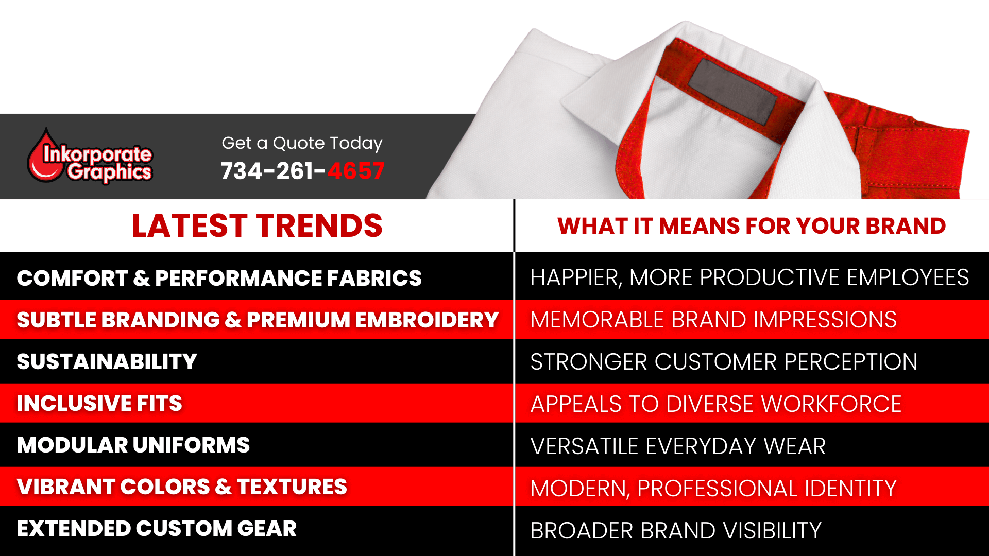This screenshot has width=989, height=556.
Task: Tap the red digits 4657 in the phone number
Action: click(x=356, y=171)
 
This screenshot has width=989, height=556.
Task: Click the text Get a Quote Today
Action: click(x=302, y=143)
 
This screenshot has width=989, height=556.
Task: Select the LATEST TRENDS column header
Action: click(x=257, y=225)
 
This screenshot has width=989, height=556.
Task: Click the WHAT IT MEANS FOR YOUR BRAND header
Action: click(x=751, y=226)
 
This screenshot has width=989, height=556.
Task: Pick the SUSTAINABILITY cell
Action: click(x=107, y=361)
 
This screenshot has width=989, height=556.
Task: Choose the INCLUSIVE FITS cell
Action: click(x=99, y=403)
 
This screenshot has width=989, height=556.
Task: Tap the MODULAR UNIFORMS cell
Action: click(x=133, y=445)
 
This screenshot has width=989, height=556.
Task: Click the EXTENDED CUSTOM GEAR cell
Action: click(x=157, y=529)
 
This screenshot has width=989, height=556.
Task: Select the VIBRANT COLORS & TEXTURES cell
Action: click(x=182, y=486)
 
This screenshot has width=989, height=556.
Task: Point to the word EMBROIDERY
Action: click(x=427, y=320)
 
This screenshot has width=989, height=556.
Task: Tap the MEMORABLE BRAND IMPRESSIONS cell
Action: click(x=713, y=320)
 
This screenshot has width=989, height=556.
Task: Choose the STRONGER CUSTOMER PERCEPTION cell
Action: click(x=724, y=361)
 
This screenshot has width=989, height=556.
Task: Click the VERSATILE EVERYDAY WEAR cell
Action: click(x=678, y=446)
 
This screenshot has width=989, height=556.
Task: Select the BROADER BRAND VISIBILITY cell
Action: click(x=676, y=530)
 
